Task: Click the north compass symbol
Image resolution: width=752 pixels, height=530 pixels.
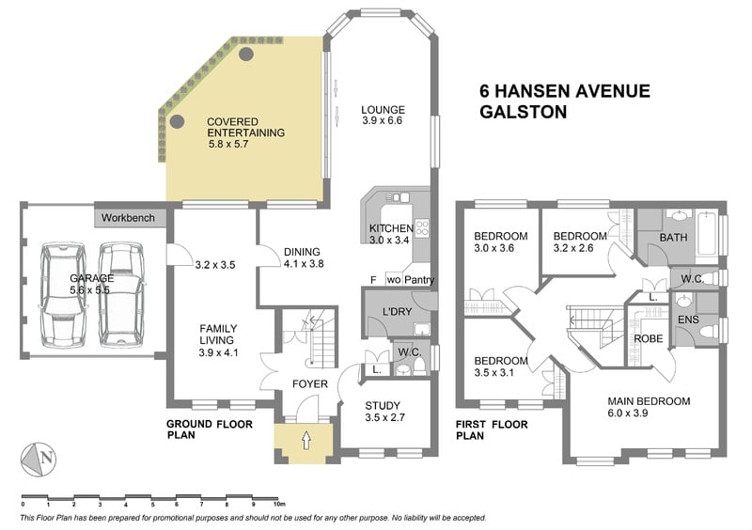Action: tap(39, 459)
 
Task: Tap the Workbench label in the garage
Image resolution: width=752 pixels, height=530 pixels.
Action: tap(128, 218)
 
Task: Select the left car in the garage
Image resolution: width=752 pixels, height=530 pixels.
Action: tap(63, 295)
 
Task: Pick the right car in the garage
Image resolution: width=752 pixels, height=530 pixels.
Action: tap(121, 295)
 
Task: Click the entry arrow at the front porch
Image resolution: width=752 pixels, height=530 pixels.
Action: tap(306, 440)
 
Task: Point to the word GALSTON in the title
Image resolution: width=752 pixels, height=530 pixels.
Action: tap(524, 112)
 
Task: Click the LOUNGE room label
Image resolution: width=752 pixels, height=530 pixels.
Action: tap(383, 110)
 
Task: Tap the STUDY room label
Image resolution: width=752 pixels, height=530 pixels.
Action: tap(383, 406)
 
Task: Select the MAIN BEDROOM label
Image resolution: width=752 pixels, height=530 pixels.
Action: tap(649, 401)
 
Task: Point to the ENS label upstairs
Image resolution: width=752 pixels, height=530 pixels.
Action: tap(688, 320)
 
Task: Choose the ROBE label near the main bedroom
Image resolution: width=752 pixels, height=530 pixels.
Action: tap(649, 338)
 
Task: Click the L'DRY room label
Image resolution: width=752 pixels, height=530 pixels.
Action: tap(397, 312)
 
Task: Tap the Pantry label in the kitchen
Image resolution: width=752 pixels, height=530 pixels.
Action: tap(419, 280)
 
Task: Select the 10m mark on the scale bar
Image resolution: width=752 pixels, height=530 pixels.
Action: tap(279, 504)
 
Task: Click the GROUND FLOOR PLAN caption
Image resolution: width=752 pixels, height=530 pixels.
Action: tap(209, 429)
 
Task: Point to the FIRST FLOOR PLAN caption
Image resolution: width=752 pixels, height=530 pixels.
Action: tap(492, 429)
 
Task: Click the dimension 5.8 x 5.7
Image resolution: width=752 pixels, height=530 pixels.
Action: tap(228, 144)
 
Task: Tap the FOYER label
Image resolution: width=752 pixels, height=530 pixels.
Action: tap(310, 384)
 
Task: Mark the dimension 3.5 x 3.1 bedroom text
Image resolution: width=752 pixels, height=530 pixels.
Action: tap(494, 373)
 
